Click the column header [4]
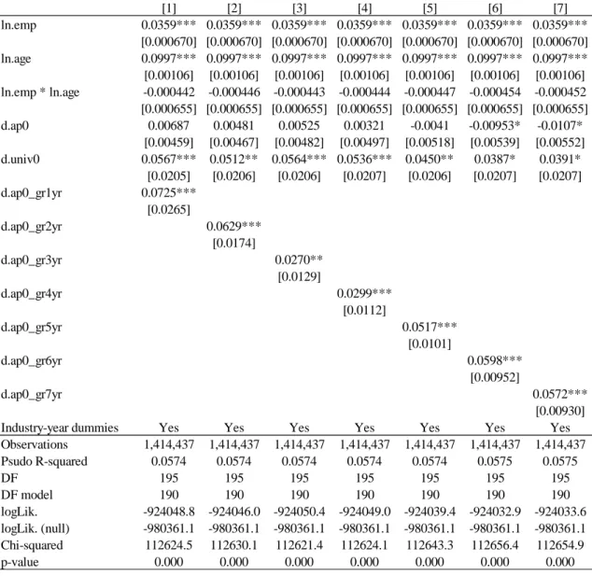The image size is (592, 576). [x=364, y=7]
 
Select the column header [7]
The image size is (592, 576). [x=560, y=7]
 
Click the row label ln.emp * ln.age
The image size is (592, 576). [x=40, y=92]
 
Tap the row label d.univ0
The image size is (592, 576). [x=20, y=160]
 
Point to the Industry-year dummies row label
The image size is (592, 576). [x=60, y=428]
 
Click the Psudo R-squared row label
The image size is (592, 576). [x=44, y=461]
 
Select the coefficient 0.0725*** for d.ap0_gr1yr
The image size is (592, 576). [x=168, y=192]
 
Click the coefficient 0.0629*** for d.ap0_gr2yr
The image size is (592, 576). [x=233, y=226]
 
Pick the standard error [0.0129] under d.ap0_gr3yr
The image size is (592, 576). [x=299, y=276]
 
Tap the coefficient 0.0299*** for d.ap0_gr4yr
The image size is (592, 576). [x=364, y=293]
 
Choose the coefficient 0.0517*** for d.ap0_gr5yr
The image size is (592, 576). [x=430, y=327]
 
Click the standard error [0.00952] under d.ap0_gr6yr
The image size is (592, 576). [x=495, y=377]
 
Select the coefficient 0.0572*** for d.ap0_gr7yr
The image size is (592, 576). [x=560, y=394]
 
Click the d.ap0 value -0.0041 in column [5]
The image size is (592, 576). [x=430, y=125]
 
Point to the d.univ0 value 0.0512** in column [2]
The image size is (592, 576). [x=233, y=160]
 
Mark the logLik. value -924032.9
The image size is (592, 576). [x=495, y=512]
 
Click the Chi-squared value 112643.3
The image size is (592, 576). [x=430, y=545]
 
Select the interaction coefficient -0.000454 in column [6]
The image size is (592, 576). [x=495, y=92]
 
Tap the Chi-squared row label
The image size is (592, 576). [x=32, y=545]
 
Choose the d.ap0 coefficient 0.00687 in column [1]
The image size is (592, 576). [x=168, y=125]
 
